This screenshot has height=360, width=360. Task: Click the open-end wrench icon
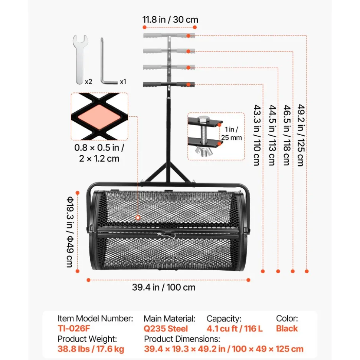(x=80, y=59)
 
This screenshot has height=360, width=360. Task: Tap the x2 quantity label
(x=88, y=82)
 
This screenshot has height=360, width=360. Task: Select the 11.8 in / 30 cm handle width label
(x=170, y=20)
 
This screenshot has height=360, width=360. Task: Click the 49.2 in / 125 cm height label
(x=301, y=135)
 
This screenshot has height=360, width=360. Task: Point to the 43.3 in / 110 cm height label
(x=257, y=135)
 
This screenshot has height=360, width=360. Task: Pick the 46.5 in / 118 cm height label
(x=287, y=135)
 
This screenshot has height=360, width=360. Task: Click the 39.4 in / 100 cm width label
(x=164, y=287)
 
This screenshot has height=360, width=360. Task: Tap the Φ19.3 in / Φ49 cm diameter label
(x=70, y=232)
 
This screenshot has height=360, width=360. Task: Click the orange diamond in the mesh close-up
(x=99, y=116)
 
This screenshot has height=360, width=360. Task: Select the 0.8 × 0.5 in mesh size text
(x=99, y=148)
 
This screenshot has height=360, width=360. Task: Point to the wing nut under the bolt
(x=203, y=151)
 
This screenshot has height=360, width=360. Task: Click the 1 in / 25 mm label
(x=232, y=133)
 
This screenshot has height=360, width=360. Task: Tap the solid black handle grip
(x=169, y=85)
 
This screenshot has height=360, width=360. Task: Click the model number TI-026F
(x=74, y=328)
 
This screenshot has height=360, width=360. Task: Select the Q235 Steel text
(x=166, y=329)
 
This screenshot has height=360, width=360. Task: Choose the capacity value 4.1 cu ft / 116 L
(x=235, y=329)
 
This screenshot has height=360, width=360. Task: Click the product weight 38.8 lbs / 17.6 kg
(x=91, y=349)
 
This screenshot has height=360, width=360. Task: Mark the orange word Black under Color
(x=287, y=328)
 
